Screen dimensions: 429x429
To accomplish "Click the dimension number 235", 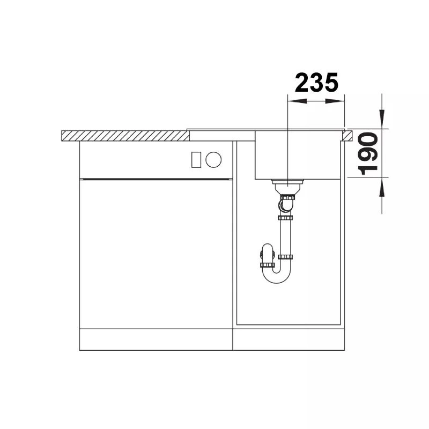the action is pyautogui.click(x=316, y=83).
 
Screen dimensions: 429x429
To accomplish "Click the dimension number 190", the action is pyautogui.click(x=368, y=153).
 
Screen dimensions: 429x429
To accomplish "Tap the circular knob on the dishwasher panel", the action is pyautogui.click(x=213, y=159).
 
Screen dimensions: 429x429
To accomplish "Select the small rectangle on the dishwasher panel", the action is pyautogui.click(x=196, y=159).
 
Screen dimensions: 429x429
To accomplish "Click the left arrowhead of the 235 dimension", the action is pyautogui.click(x=297, y=101).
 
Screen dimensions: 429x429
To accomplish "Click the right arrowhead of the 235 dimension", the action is pyautogui.click(x=335, y=101).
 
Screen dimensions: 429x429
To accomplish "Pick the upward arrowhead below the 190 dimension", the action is pyautogui.click(x=382, y=187).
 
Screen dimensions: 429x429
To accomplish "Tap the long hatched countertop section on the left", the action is pyautogui.click(x=125, y=136).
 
